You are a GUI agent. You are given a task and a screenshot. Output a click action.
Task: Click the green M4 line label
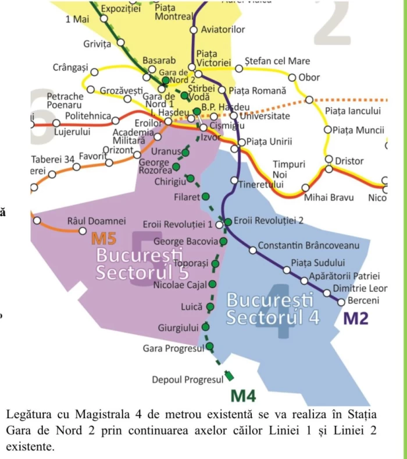click(244, 396)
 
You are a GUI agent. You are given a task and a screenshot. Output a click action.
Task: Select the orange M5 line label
click(107, 238)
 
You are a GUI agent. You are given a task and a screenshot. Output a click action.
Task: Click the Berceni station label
click(363, 301)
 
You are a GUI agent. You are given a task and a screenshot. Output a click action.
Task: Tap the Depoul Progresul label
click(188, 380)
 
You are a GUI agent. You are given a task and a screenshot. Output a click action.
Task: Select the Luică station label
click(192, 306)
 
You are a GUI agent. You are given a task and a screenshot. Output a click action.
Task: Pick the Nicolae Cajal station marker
click(212, 284)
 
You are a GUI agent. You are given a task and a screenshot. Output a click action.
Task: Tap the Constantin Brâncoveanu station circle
click(252, 250)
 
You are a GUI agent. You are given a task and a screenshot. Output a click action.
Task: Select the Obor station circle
click(292, 77)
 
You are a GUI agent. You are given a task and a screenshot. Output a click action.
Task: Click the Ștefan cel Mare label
click(277, 61)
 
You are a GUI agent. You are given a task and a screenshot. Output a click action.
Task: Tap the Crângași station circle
click(94, 72)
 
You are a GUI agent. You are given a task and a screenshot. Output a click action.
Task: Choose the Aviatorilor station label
click(223, 29)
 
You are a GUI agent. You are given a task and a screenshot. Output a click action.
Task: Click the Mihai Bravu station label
click(329, 197)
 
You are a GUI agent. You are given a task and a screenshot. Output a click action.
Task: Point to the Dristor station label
click(350, 161)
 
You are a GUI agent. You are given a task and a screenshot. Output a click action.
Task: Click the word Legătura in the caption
click(29, 415)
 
